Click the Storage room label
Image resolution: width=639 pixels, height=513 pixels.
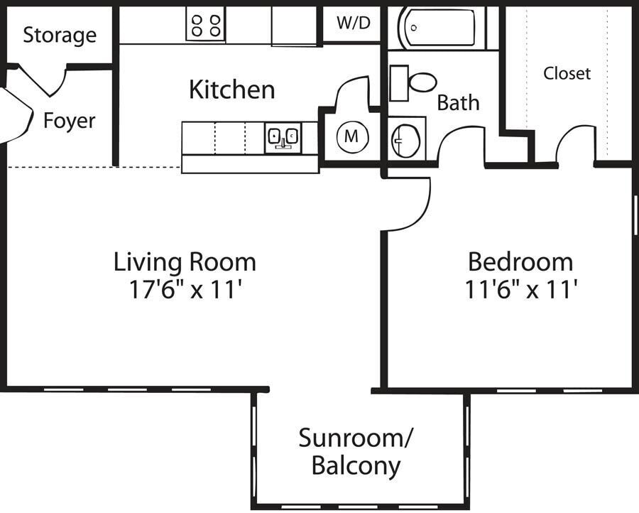60,35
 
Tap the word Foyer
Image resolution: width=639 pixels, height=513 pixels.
69,121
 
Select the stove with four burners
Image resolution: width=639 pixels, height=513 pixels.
206,25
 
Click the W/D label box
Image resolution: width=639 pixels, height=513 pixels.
353,23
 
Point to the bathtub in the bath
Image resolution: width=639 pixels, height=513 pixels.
440,28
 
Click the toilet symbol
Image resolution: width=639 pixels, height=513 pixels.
415,82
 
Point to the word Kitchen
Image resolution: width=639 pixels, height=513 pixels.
231,90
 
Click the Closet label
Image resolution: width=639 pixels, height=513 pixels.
567,73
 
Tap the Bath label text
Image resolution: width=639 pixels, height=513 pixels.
458,103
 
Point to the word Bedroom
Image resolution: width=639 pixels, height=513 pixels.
520,261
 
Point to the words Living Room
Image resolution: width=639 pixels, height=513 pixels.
185,261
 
